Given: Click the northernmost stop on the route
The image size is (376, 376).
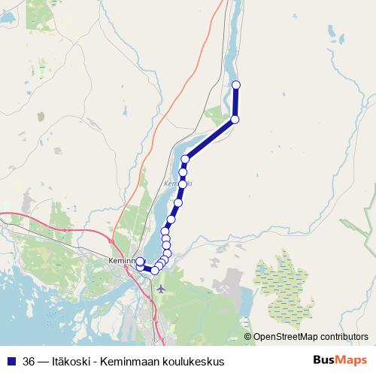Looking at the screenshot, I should point(236,84).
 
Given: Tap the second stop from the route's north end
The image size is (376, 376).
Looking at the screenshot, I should point(235,120).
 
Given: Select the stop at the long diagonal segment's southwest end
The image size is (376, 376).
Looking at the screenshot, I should point(185,159).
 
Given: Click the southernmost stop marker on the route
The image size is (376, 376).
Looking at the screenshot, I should point(155,270).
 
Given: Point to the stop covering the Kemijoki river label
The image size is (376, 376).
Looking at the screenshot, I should point(181,184).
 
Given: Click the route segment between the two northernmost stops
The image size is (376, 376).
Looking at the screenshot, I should point(235,102).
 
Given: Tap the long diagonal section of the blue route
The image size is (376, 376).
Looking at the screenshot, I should point(211,139).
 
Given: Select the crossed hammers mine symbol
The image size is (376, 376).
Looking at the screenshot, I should point(224,287).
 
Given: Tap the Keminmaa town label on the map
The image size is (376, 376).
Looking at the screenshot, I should point(120,261).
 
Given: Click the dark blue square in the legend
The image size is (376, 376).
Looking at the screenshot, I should point(11,361).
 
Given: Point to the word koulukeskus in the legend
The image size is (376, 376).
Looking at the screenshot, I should point(194,361).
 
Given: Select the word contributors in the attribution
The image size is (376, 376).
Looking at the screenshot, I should point(344,338).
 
